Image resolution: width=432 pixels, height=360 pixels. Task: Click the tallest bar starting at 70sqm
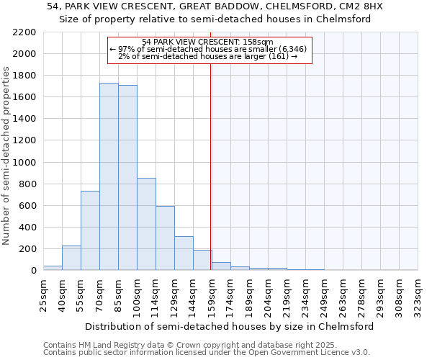[109, 176]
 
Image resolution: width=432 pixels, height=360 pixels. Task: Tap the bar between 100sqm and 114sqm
[146, 224]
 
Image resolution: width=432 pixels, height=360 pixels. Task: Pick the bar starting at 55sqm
[90, 230]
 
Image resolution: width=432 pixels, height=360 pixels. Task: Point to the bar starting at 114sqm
[165, 238]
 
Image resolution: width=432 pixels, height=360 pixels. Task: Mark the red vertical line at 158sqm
[210, 166]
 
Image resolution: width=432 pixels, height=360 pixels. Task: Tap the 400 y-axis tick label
[28, 228]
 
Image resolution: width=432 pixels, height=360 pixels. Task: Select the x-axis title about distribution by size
[230, 326]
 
